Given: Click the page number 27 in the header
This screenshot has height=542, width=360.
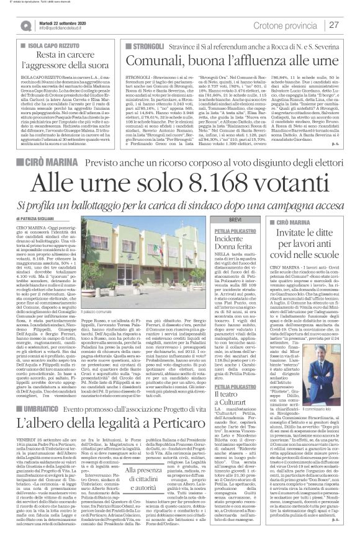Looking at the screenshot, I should pyautogui.click(x=335, y=24).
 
